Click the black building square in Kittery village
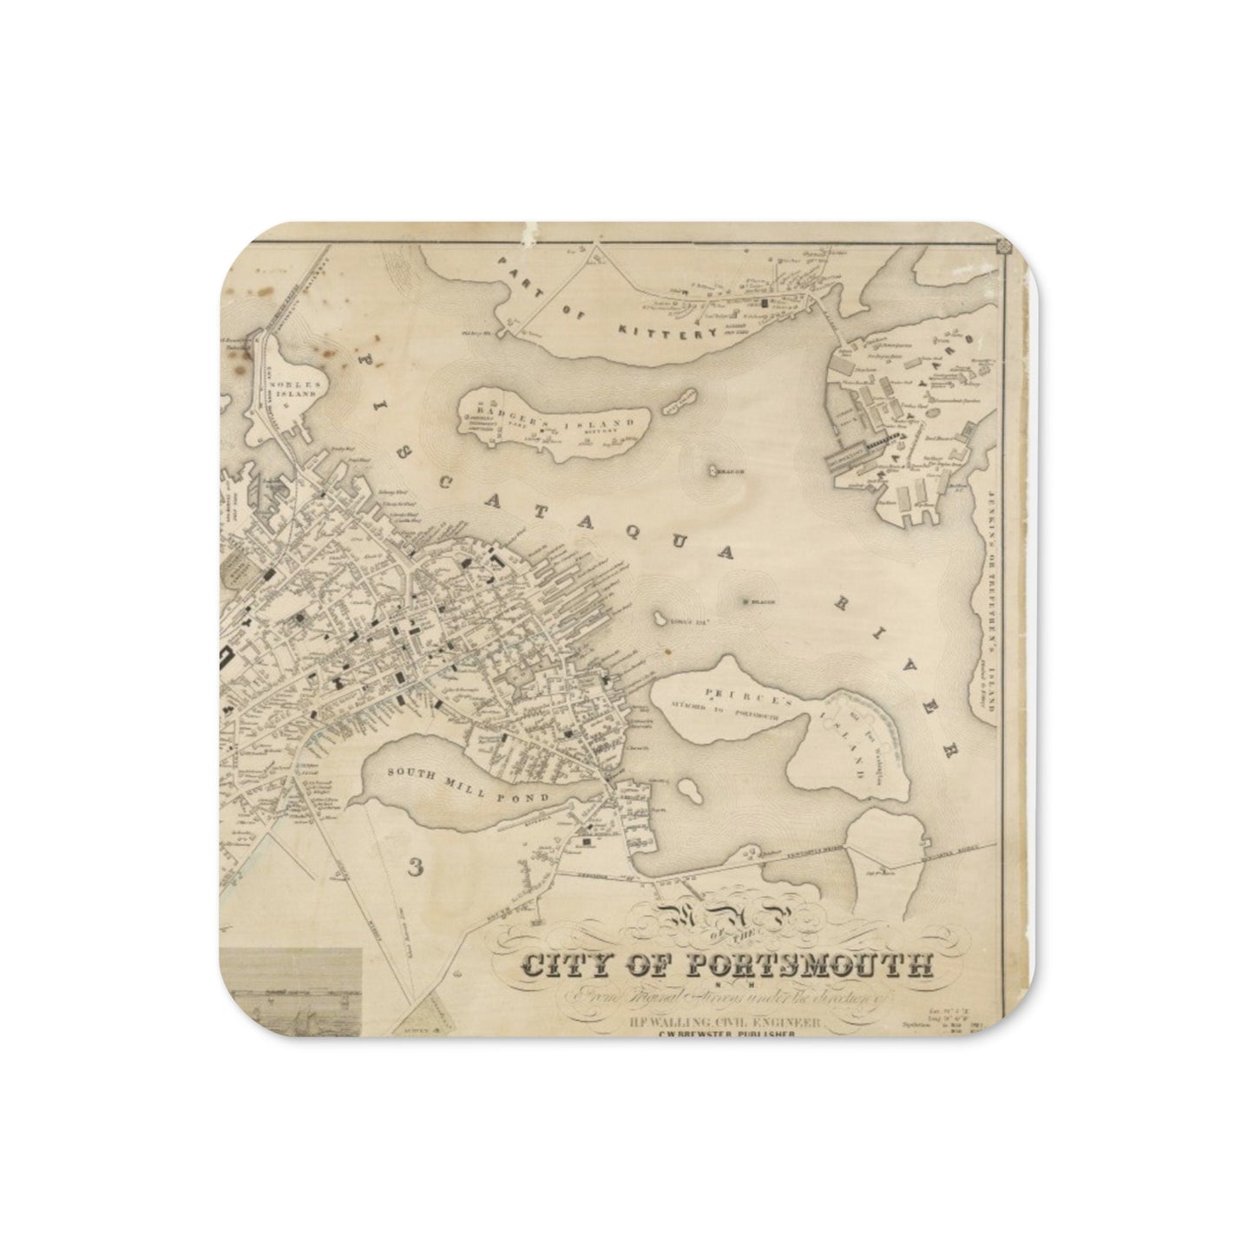tap(765, 305)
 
